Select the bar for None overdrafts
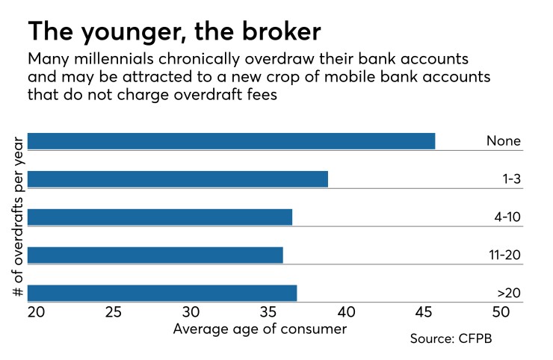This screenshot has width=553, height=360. [231, 141]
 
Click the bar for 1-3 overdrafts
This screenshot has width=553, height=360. [178, 179]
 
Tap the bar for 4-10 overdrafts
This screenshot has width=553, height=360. [160, 217]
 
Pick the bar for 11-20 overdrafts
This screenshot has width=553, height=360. [155, 255]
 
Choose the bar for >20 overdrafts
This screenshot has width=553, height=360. [162, 293]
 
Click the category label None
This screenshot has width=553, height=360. [503, 141]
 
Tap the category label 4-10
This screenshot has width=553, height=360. [505, 218]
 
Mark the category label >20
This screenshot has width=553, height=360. [508, 293]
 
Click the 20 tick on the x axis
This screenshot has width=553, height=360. [36, 312]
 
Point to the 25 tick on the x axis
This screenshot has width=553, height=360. [114, 312]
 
